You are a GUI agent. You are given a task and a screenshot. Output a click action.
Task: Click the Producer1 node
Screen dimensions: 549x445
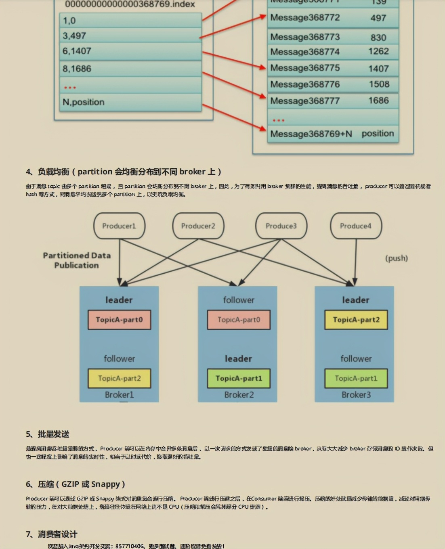click(x=119, y=226)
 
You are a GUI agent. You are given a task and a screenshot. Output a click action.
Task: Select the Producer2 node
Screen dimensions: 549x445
click(x=198, y=226)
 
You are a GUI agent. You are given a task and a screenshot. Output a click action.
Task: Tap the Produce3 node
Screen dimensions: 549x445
click(x=281, y=226)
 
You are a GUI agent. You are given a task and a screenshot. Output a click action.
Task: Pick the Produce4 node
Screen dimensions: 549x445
click(x=355, y=226)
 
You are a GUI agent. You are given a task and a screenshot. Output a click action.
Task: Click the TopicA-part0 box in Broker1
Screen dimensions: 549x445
click(x=119, y=320)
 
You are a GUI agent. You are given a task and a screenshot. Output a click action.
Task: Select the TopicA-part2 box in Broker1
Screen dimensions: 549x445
click(x=119, y=378)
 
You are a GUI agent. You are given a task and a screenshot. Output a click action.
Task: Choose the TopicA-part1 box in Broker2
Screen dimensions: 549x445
click(x=239, y=378)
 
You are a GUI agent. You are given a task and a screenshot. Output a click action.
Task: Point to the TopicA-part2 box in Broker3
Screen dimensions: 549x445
click(x=356, y=320)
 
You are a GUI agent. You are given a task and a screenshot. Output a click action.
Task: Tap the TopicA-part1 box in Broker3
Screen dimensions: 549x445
click(x=356, y=378)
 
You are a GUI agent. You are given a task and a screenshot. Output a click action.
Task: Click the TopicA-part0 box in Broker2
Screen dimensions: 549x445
click(x=239, y=320)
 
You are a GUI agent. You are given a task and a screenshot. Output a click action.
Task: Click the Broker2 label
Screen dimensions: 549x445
click(x=239, y=395)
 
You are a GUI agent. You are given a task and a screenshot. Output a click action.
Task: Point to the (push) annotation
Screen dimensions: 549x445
click(x=396, y=258)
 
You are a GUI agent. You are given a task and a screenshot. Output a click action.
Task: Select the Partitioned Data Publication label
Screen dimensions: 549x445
click(x=77, y=260)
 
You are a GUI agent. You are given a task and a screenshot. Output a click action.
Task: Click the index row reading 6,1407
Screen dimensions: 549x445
click(x=130, y=51)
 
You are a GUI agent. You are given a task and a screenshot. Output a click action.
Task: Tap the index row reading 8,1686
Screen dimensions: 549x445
click(x=130, y=69)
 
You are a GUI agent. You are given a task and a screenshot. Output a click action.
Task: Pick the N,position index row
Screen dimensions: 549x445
click(x=130, y=102)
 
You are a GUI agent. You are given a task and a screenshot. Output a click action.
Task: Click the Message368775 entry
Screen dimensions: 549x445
click(x=305, y=68)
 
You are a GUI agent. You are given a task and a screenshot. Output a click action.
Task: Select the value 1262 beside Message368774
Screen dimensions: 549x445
click(x=378, y=52)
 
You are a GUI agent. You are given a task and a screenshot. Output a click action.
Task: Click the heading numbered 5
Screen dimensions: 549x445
click(x=48, y=434)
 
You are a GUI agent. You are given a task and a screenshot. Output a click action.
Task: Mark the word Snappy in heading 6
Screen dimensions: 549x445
click(x=105, y=484)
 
